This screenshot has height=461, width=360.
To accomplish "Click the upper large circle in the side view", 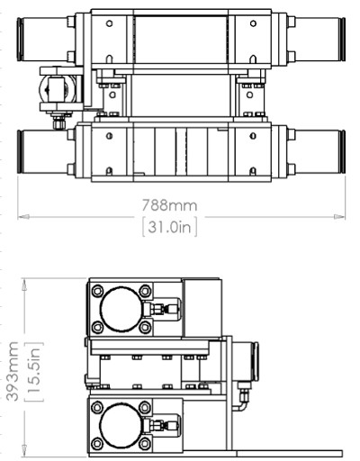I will point(120,310).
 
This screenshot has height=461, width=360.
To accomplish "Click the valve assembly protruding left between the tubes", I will point(56,91).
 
